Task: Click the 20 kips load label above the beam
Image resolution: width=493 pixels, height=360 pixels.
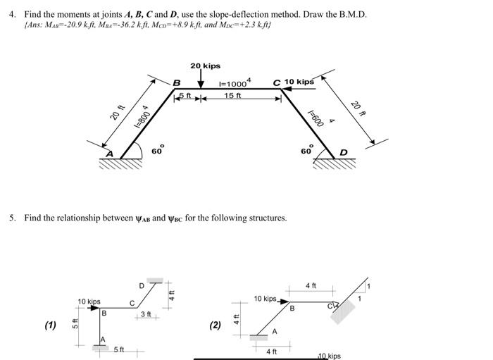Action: coord(205,66)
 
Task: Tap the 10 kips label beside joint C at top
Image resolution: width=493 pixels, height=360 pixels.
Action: coord(299,82)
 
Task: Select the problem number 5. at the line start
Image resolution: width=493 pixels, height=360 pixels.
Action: coord(13,218)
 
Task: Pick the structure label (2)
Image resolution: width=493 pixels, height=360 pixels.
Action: coord(216,325)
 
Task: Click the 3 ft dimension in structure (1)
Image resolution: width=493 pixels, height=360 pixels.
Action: coord(146,314)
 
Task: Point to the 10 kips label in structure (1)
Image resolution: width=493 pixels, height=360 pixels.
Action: coord(89,302)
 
